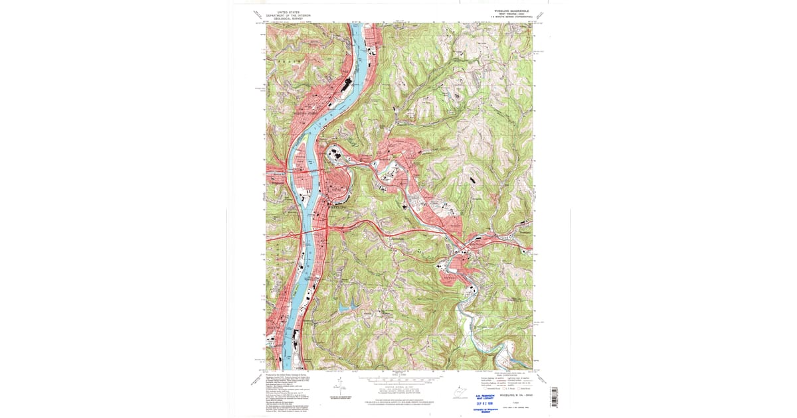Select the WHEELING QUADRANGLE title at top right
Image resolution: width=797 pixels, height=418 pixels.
pyautogui.click(x=511, y=11)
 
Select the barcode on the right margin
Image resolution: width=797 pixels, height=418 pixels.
pyautogui.click(x=555, y=396)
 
